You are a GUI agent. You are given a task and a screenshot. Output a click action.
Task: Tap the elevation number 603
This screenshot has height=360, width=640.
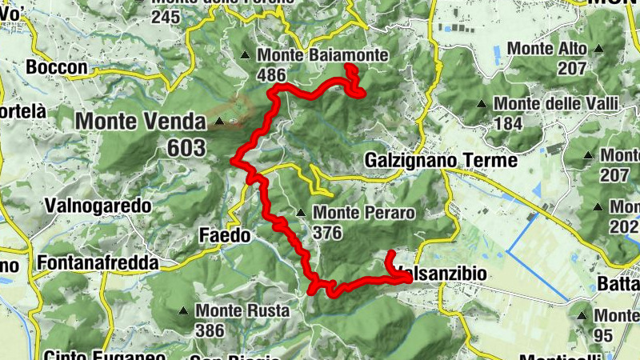(186, 147)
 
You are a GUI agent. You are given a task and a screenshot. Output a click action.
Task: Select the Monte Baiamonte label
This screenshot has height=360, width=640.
(323, 55)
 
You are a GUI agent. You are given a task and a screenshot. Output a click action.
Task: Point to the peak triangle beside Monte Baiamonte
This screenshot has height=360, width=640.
(246, 55)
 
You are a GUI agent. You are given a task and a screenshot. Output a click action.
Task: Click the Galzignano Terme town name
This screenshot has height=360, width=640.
(441, 161)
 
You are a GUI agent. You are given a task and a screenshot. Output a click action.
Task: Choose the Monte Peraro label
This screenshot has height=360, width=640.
(364, 214)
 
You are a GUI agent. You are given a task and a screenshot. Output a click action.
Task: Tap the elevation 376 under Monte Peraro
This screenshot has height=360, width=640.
(328, 233)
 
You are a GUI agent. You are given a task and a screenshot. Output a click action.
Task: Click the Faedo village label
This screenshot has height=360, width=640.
(225, 235)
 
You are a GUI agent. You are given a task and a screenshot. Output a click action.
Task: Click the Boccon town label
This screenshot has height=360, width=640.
(56, 68)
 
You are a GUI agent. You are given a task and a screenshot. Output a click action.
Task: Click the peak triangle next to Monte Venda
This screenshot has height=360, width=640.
(220, 122)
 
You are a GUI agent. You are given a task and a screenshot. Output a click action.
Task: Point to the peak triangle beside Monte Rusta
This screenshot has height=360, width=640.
(184, 310)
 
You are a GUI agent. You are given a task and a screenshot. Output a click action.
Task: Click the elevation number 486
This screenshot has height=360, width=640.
(272, 74)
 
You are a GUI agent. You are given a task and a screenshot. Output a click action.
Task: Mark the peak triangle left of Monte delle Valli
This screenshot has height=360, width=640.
(482, 104)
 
